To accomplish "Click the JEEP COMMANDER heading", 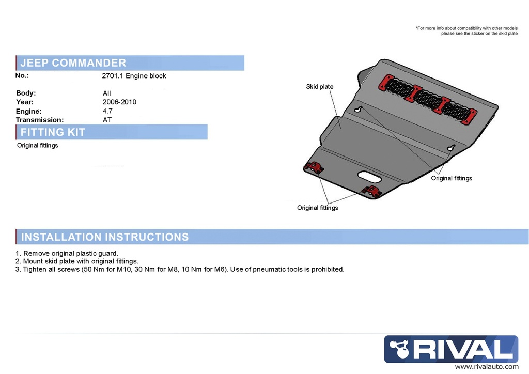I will [73, 63].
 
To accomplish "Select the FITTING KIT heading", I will [53, 132].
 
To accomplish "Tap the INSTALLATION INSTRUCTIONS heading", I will [104, 237].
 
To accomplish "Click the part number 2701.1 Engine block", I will [134, 76].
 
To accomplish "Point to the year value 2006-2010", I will [119, 102].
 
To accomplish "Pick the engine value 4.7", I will [107, 111].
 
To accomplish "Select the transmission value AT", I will [107, 120].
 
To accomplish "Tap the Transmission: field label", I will [40, 120].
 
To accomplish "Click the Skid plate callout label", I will [320, 87].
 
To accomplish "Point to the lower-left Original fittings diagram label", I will [317, 208].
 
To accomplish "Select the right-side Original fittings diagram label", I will [452, 178].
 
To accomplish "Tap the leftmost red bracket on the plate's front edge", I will [314, 167].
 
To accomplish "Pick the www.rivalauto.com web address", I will [486, 367].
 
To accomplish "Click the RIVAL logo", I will [451, 349].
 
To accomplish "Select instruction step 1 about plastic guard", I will [67, 253].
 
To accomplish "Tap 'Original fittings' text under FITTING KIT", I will [37, 146].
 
